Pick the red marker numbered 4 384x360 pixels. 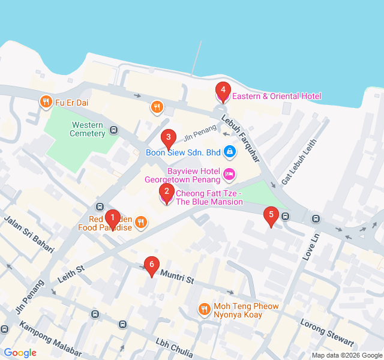(223, 91)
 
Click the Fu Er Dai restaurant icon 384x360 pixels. (45, 103)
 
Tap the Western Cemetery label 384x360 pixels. (88, 129)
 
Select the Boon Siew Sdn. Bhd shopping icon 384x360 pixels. (229, 152)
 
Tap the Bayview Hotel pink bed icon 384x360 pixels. (229, 175)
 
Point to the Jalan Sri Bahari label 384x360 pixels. (29, 233)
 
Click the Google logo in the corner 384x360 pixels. (20, 353)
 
